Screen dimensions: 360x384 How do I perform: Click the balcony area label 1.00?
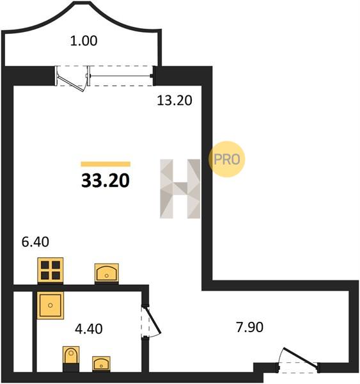click(84, 41)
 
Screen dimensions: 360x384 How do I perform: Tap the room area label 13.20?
click(175, 100)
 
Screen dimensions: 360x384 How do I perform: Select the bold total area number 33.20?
click(106, 180)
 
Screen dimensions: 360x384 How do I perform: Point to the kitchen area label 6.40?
click(35, 242)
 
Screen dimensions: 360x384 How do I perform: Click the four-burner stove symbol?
click(51, 270)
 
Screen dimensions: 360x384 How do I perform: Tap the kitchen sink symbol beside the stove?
click(107, 273)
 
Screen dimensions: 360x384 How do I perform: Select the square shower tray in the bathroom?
click(51, 305)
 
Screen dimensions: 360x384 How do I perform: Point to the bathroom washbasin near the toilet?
click(101, 364)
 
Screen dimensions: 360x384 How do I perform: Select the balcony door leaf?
click(71, 83)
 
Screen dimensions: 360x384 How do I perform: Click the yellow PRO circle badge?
click(226, 159)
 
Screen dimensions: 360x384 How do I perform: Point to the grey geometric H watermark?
click(180, 189)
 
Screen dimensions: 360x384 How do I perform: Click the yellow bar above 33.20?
click(106, 164)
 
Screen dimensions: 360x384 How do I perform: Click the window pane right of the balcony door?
click(121, 76)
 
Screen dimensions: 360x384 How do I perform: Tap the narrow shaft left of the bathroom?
click(23, 332)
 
